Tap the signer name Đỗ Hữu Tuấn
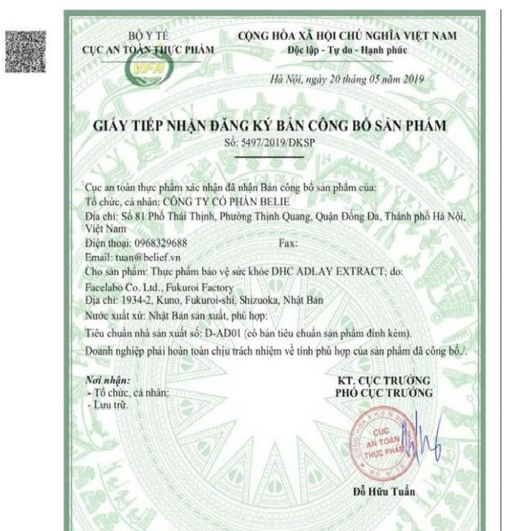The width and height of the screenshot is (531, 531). [386, 491]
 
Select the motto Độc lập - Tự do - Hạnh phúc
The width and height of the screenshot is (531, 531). [347, 49]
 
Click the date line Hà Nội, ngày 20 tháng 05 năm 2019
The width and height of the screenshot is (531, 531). [347, 79]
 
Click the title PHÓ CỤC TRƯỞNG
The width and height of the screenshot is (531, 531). [383, 393]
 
